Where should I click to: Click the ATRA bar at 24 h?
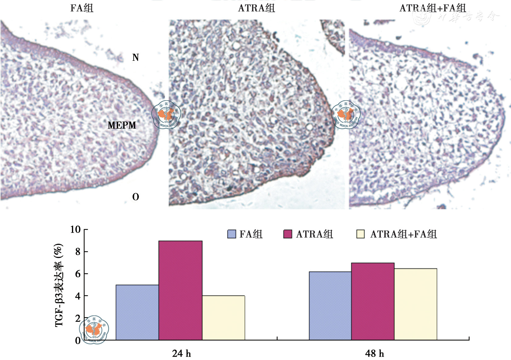180,290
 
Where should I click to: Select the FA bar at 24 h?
137,312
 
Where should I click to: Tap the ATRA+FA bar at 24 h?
224,318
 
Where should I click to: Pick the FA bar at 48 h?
330,306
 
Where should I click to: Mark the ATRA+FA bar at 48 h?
416,304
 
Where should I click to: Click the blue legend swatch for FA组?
232,234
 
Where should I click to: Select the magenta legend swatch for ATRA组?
287,234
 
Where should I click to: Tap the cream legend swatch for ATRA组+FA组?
360,234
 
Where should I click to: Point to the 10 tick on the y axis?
75,230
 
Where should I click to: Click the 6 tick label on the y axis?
78,274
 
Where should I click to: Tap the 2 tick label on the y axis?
78,318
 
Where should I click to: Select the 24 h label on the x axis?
181,353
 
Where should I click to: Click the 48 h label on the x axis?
375,353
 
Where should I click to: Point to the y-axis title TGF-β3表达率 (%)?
59,285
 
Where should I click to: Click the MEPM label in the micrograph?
122,125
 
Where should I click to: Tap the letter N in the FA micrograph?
136,58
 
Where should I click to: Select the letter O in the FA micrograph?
136,197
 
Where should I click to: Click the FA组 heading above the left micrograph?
82,8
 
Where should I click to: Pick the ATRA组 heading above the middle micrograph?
256,8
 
